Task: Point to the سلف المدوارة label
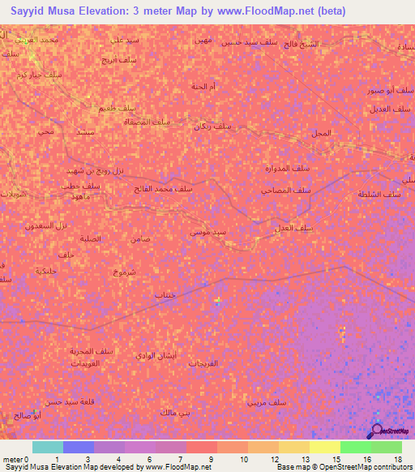pyautogui.click(x=310, y=168)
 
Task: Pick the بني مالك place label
pyautogui.click(x=176, y=412)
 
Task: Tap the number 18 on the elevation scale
pyautogui.click(x=398, y=459)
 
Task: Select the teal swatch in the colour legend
pyautogui.click(x=47, y=447)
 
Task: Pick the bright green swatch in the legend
pyautogui.click(x=355, y=447)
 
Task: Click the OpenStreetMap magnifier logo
pyautogui.click(x=376, y=431)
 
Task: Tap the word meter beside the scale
pyautogui.click(x=11, y=459)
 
